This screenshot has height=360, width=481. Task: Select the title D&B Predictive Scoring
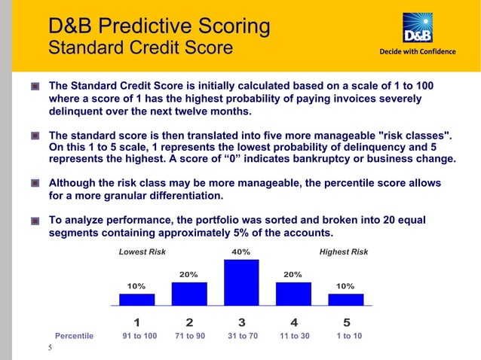point(159,27)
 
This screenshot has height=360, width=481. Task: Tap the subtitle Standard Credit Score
point(140,49)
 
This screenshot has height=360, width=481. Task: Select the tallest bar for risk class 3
point(241,282)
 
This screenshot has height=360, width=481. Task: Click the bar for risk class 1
point(136,299)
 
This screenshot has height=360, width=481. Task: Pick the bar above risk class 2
point(189,294)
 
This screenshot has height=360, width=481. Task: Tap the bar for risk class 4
point(293,294)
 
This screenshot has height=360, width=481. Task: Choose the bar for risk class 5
point(345,299)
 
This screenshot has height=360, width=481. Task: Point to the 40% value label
point(241,252)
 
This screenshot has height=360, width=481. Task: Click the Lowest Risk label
point(142,252)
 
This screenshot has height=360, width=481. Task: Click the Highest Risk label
point(344,252)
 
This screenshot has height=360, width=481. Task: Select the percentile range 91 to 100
point(139,336)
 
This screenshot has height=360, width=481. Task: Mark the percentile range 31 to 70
point(243,336)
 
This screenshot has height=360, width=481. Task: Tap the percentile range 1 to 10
point(346,336)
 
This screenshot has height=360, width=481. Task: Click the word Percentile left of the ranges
point(74,336)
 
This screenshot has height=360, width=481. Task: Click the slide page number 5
point(50,348)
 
